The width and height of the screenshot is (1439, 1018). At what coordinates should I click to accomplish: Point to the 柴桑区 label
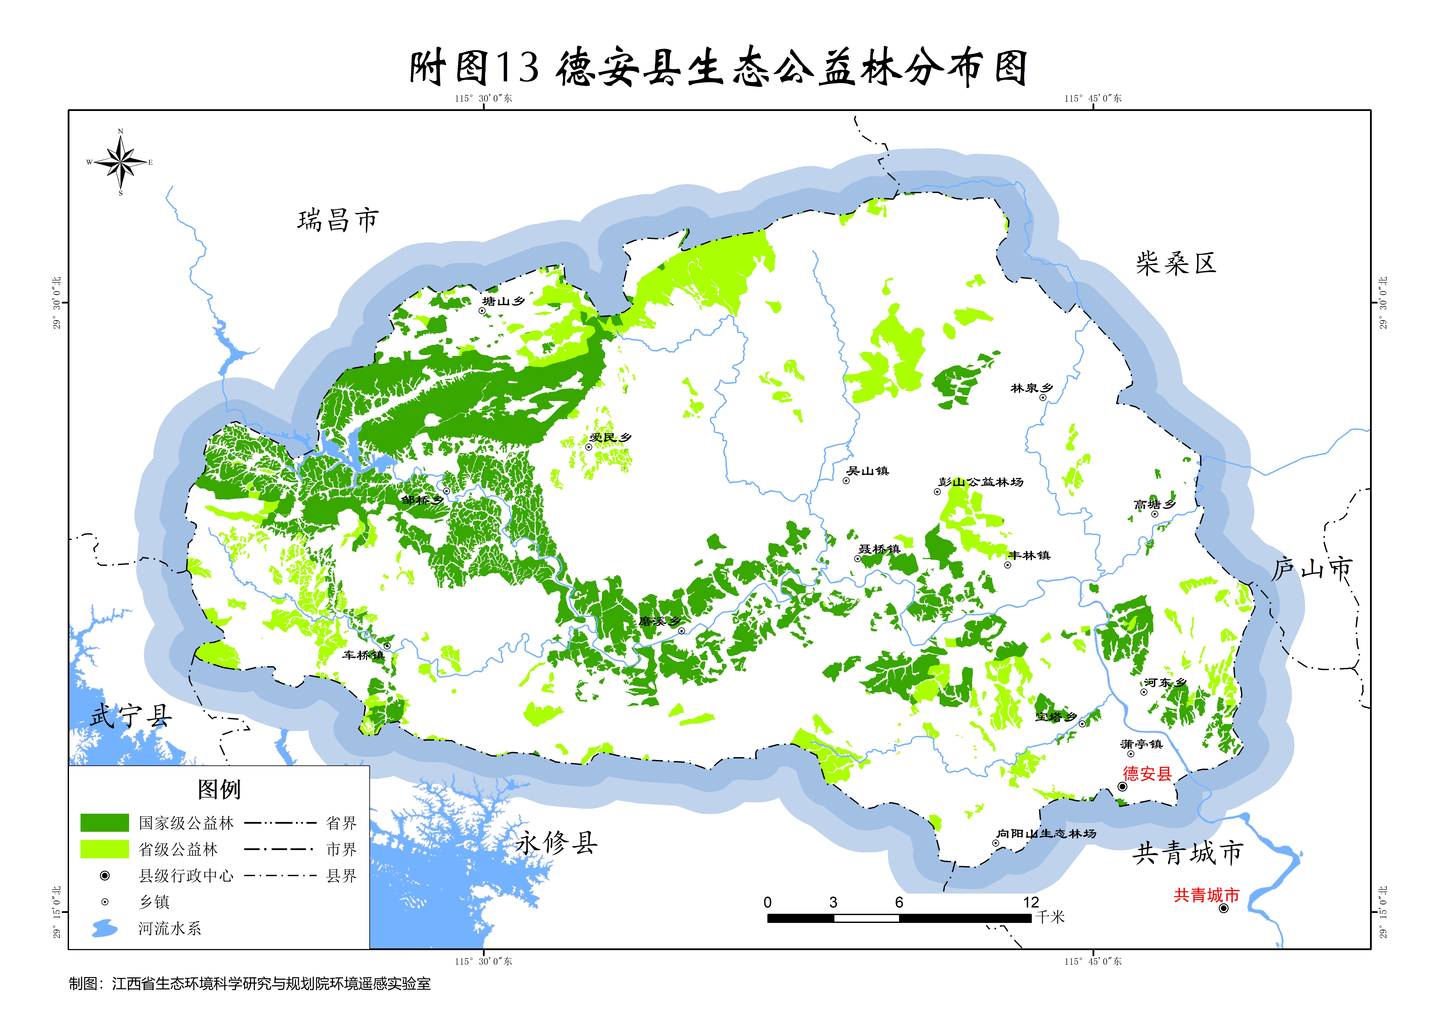[x=1176, y=263]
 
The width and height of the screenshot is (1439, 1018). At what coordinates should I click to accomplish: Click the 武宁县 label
[x=130, y=716]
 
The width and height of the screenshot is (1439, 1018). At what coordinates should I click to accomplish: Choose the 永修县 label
[x=556, y=843]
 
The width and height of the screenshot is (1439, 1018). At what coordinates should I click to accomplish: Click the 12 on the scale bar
[x=1031, y=903]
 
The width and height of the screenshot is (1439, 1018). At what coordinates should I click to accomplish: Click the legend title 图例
[x=219, y=789]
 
